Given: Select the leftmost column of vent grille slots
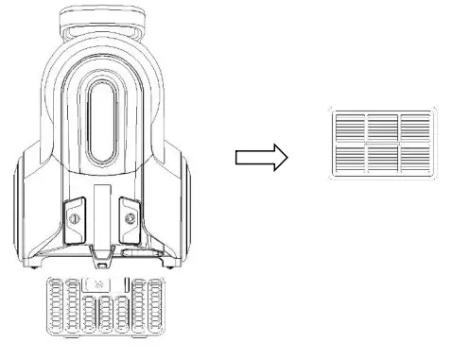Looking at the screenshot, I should coord(55,311).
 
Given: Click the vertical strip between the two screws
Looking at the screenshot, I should coord(101,219).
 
